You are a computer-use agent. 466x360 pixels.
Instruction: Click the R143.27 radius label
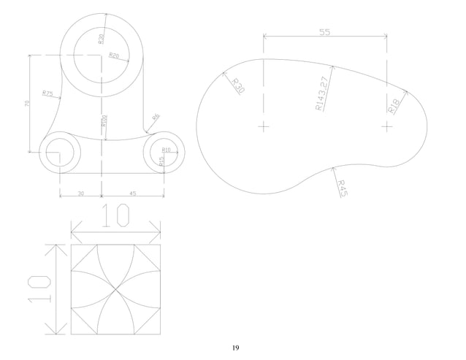(x=321, y=93)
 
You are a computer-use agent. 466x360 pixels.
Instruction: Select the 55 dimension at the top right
(x=325, y=31)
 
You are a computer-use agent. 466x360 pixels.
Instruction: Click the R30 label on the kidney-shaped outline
(x=238, y=85)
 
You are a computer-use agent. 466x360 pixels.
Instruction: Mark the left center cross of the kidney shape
(x=264, y=127)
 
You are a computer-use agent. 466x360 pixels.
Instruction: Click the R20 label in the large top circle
(x=114, y=55)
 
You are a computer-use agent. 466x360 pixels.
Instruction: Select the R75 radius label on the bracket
(x=47, y=93)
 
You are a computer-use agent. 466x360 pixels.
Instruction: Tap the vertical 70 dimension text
(x=27, y=104)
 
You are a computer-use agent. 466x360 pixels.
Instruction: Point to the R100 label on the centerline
(x=105, y=121)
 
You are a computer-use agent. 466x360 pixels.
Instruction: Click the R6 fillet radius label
(x=156, y=117)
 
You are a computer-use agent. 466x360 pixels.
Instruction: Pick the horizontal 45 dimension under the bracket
(x=131, y=194)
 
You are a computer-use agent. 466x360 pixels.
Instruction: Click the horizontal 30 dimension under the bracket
(x=80, y=194)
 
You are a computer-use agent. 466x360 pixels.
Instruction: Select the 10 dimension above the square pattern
(x=115, y=217)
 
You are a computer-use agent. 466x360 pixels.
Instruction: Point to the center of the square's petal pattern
(x=115, y=289)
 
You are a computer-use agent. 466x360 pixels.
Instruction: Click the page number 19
(x=235, y=348)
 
